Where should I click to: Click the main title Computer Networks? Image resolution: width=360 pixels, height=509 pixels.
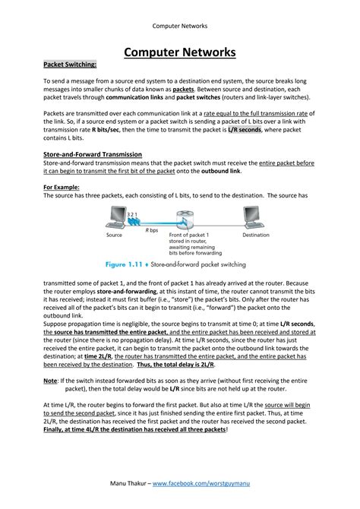click(180, 52)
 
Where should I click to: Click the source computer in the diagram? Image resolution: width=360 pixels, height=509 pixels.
click(115, 219)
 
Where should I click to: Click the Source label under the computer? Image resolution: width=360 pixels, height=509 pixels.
click(115, 236)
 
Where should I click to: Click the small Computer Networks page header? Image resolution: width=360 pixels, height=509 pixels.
click(180, 26)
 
